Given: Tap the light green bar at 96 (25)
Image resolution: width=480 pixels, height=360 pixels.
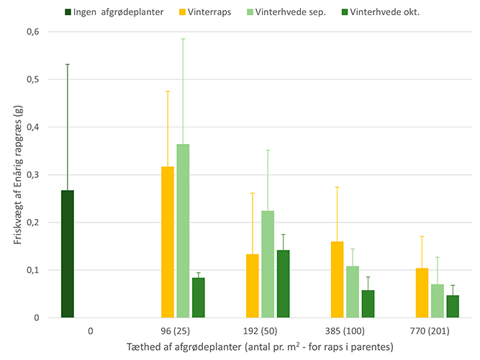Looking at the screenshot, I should click(x=183, y=230).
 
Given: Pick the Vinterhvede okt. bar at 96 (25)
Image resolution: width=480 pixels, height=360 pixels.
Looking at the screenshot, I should click(x=198, y=297).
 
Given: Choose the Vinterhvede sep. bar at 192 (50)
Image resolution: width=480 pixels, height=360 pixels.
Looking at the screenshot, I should click(x=268, y=264).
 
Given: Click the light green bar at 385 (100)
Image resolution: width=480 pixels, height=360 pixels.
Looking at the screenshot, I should click(x=353, y=292).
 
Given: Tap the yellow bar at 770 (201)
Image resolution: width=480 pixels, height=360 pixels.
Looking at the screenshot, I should click(x=422, y=293).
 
